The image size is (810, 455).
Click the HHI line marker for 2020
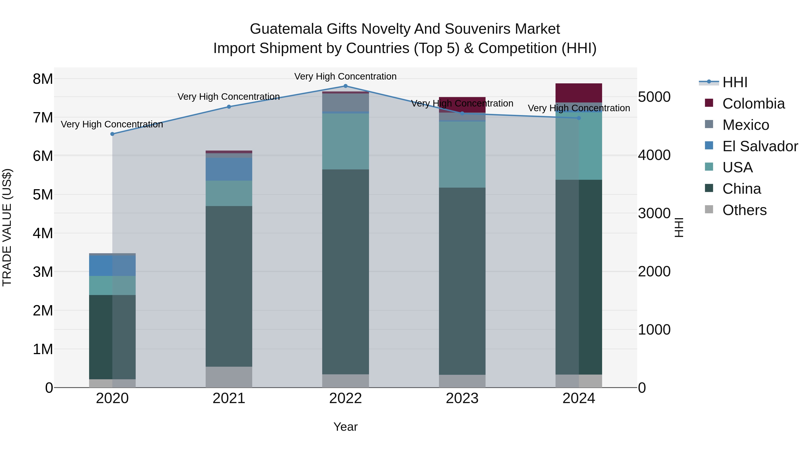click(112, 134)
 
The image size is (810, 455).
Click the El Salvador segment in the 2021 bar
click(229, 169)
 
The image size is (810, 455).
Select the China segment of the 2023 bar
click(462, 281)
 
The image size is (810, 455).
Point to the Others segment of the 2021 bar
click(229, 377)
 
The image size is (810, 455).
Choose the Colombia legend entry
click(753, 104)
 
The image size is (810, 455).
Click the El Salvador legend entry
click(760, 146)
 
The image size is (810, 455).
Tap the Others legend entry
click(744, 210)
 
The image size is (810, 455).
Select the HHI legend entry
click(735, 82)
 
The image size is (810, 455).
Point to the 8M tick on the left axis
click(43, 79)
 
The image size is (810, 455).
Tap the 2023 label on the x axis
click(462, 398)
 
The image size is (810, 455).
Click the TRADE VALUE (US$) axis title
click(7, 227)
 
